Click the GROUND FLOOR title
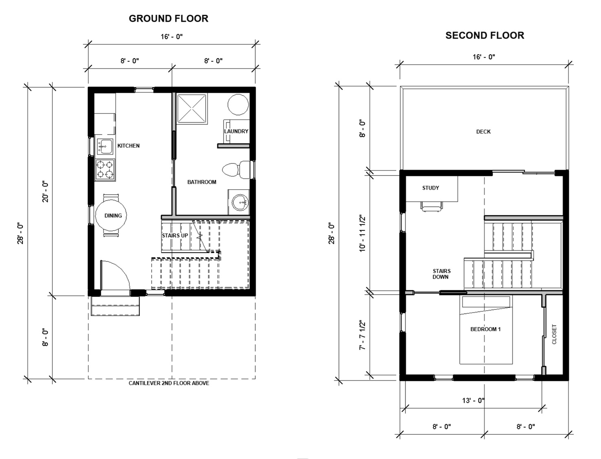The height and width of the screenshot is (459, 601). click(x=169, y=19)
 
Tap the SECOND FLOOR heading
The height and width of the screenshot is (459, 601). click(x=485, y=35)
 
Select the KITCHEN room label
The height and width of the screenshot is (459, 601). click(x=128, y=146)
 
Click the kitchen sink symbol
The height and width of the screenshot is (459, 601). click(x=104, y=146)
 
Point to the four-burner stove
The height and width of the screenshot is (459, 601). click(x=105, y=170)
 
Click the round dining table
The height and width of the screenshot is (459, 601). click(x=111, y=215)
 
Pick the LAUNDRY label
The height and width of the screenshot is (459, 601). click(x=236, y=131)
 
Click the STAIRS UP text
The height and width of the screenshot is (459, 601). click(x=175, y=236)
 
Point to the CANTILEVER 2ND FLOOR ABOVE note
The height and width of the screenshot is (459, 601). click(x=169, y=383)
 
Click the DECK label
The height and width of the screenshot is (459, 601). click(x=483, y=131)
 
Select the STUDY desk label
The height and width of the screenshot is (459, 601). click(x=430, y=188)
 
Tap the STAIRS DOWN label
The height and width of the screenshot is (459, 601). click(x=441, y=274)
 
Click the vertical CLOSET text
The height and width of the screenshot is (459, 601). click(x=554, y=334)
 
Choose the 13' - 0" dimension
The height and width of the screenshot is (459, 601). click(x=474, y=400)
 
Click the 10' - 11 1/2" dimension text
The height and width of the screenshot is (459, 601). click(x=362, y=233)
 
